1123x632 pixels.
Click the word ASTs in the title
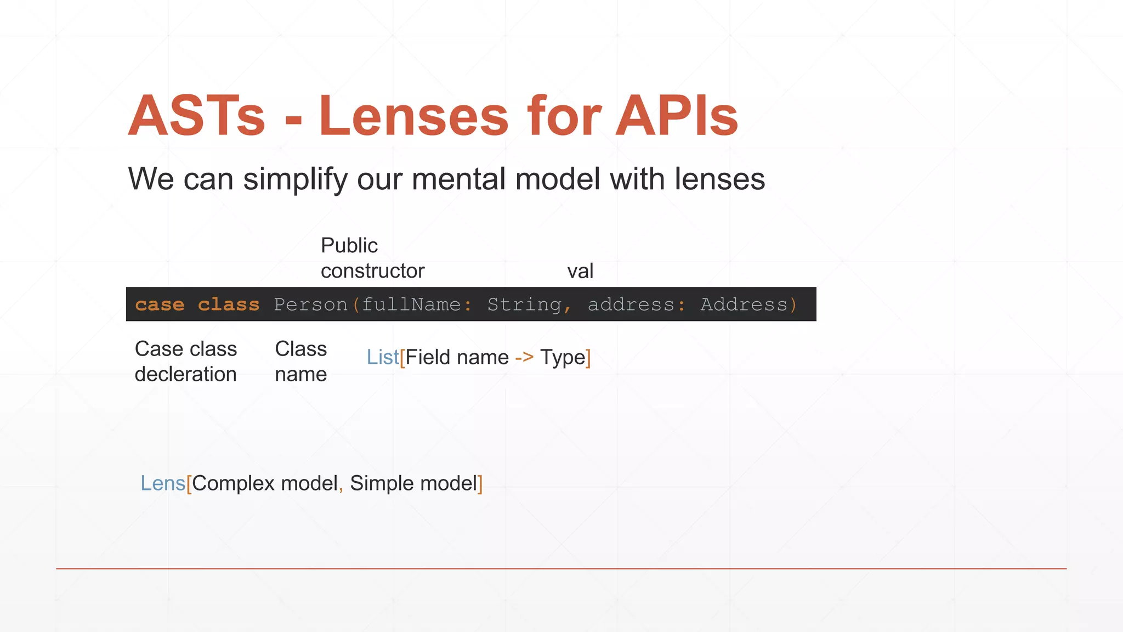click(197, 116)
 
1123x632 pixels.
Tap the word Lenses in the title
click(414, 116)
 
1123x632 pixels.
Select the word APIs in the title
click(677, 116)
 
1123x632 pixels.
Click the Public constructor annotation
click(372, 258)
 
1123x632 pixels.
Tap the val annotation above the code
click(580, 271)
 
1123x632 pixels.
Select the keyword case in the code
click(160, 304)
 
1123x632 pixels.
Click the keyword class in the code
click(228, 304)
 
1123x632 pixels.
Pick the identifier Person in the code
click(310, 304)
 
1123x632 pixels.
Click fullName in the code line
click(411, 304)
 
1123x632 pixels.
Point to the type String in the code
click(524, 304)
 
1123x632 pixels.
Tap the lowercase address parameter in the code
click(631, 304)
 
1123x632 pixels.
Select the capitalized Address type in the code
click(744, 304)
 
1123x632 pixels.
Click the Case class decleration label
click(186, 362)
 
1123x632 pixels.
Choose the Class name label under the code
click(300, 362)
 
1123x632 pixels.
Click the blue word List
click(382, 358)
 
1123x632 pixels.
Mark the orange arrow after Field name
click(524, 358)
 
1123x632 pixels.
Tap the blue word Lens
click(163, 483)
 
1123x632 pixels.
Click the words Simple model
click(413, 483)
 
